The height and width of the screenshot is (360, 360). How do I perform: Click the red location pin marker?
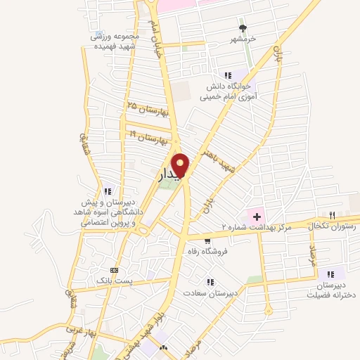[x=181, y=165]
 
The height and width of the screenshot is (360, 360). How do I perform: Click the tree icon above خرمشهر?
[x=243, y=28]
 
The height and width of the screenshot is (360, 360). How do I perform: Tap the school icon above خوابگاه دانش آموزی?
[x=227, y=75]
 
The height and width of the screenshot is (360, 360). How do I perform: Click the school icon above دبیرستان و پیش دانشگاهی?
[x=108, y=191]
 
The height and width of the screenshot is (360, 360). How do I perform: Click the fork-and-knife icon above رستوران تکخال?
[x=332, y=215]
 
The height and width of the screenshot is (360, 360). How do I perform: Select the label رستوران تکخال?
[x=333, y=226]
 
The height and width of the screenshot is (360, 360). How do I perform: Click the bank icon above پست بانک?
[x=114, y=270]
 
